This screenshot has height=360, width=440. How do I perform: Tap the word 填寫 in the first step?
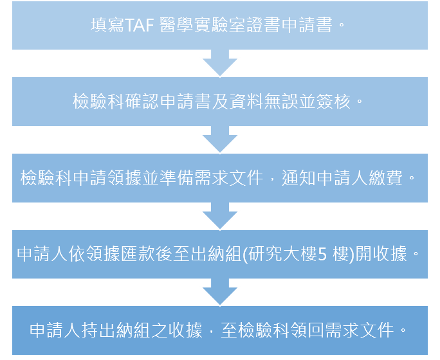pos(107,26)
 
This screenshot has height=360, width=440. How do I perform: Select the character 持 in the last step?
pos(89,330)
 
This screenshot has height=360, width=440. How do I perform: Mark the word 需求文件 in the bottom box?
pos(358,330)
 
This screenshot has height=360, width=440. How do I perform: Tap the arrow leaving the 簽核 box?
pos(219,140)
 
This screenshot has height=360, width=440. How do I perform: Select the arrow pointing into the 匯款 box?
pos(219,216)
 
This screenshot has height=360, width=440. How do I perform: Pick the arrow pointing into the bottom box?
pos(219,292)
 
